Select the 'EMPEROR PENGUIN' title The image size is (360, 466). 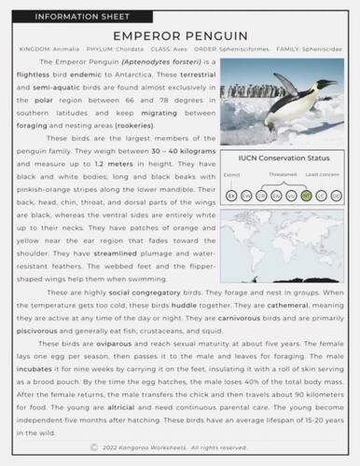click(x=179, y=33)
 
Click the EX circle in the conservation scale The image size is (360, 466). click(x=231, y=196)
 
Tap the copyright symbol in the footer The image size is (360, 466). click(x=94, y=447)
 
